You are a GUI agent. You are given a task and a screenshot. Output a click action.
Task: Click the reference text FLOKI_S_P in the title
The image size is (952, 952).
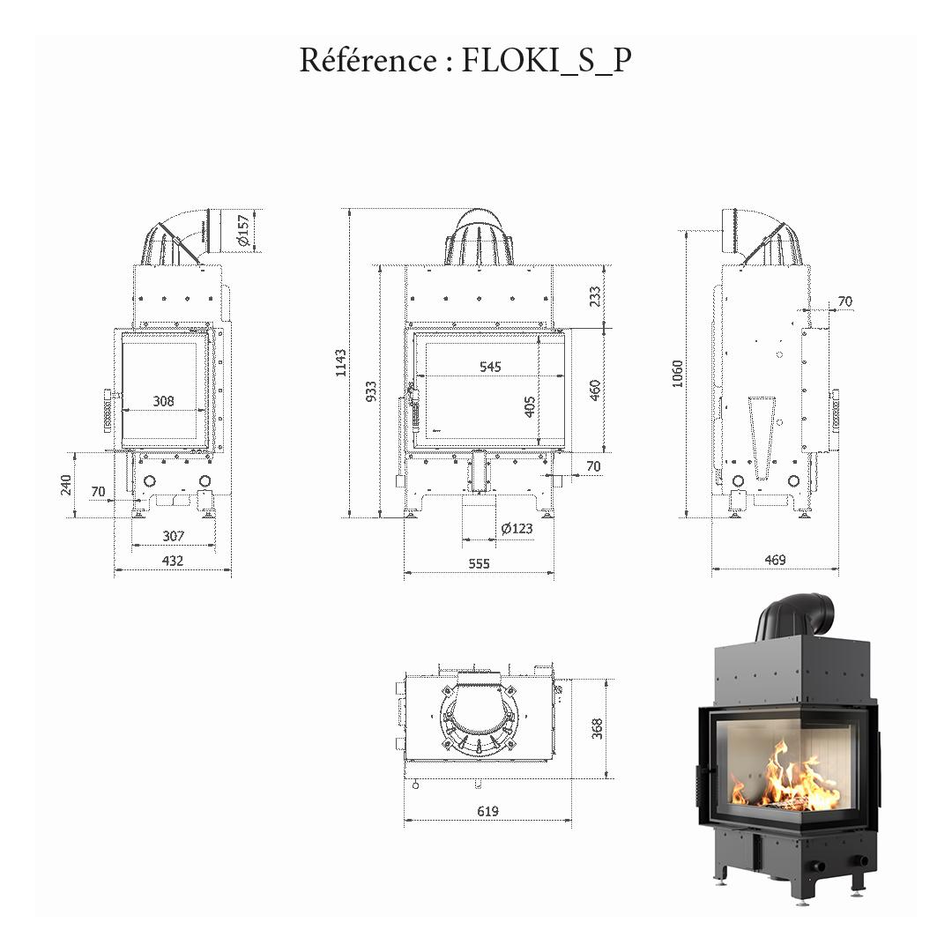(547, 61)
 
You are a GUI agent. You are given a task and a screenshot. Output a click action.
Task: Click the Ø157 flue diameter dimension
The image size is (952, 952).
(243, 230)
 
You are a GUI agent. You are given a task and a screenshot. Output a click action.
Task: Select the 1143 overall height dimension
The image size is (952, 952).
(341, 362)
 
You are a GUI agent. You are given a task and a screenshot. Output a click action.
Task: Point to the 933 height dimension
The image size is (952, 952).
(371, 391)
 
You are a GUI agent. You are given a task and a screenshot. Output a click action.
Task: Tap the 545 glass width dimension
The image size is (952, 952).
(490, 367)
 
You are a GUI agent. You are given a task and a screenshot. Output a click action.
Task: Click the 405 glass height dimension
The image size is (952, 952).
(530, 405)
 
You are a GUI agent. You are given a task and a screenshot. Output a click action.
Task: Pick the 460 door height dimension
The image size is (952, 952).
(595, 390)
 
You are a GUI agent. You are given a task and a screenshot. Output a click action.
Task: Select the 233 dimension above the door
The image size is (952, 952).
(595, 295)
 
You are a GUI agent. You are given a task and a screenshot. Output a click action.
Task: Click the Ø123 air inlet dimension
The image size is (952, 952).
(517, 529)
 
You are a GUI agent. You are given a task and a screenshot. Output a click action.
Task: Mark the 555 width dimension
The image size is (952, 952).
(479, 564)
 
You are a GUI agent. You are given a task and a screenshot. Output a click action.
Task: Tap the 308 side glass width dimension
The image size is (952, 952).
(163, 401)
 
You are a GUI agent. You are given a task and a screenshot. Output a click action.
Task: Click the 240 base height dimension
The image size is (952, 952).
(66, 485)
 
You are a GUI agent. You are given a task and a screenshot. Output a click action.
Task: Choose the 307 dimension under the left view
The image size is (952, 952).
(174, 536)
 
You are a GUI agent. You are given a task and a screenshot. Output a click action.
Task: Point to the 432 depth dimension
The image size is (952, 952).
(173, 561)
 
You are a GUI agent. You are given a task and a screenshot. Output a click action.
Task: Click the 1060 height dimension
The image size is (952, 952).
(677, 373)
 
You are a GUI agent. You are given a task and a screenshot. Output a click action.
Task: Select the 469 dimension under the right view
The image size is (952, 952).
(774, 560)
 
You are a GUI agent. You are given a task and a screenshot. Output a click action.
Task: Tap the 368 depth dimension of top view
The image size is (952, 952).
(597, 728)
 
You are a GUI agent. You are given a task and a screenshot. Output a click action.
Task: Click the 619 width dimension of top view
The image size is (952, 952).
(487, 811)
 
